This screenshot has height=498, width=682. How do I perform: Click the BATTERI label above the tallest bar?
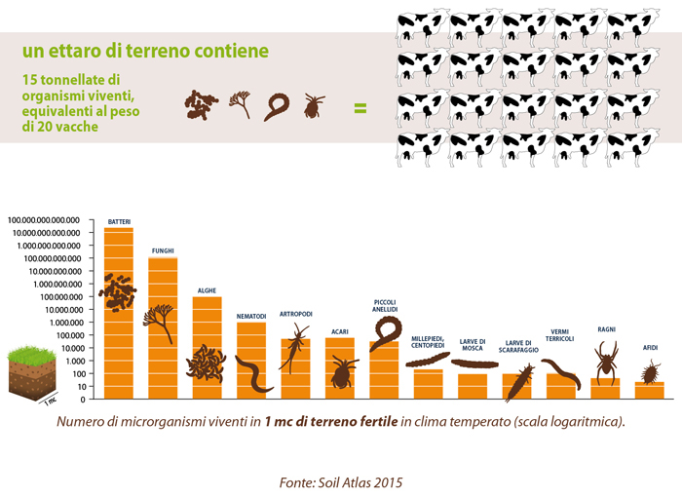coord(119,221)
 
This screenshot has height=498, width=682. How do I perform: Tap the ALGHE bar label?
coord(207,290)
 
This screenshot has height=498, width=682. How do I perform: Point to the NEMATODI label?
coord(251,316)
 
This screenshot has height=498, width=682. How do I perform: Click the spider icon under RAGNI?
coord(605,362)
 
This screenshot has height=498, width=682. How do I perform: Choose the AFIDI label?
coord(650,348)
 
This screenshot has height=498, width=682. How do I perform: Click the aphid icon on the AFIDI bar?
coord(649,371)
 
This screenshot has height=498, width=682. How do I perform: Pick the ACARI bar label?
coord(339,330)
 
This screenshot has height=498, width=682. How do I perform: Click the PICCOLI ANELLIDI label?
coord(385,305)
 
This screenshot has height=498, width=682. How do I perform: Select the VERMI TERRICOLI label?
coord(560,335)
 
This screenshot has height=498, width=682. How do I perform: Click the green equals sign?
coord(360,106)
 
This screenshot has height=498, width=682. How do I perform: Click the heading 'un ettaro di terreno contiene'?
coord(146,49)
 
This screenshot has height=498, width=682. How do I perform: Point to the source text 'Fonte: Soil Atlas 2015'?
coord(340,481)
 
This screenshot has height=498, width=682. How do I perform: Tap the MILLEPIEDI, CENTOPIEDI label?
coord(428,341)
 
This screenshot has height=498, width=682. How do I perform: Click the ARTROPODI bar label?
coord(296,314)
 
